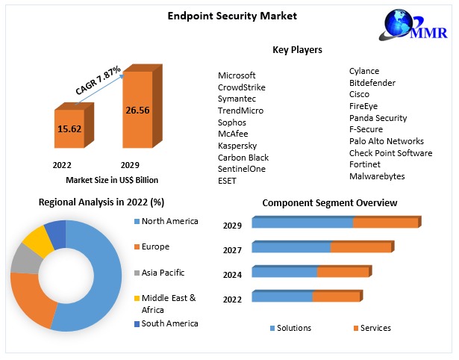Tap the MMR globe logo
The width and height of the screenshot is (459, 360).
point(413,29)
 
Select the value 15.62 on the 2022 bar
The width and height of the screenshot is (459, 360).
point(69,128)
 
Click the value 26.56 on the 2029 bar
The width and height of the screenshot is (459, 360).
point(138,110)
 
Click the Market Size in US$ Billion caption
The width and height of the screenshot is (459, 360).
point(112,180)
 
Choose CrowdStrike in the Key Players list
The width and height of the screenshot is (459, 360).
point(241,87)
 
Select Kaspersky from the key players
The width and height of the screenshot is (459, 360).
point(237,146)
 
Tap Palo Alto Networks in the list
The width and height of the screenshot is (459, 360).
point(386,141)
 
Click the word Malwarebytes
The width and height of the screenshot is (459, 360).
point(377,176)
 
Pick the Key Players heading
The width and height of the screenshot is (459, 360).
point(297,50)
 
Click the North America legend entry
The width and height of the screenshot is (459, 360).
point(169,221)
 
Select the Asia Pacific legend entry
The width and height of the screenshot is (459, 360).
point(163,273)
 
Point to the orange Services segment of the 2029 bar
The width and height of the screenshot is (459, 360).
point(386,223)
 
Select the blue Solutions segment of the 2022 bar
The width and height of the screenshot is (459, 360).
point(282,297)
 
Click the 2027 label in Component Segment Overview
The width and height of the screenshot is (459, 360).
point(232,250)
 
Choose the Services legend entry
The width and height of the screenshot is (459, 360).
point(375,328)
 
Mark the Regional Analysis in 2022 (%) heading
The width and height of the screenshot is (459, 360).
point(102,202)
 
